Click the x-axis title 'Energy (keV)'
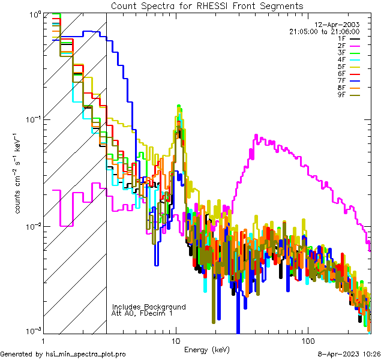click(207, 349)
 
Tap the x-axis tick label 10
click(176, 340)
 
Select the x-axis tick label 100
click(307, 340)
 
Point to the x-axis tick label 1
click(44, 340)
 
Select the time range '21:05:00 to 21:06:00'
click(324, 31)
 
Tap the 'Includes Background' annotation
click(149, 307)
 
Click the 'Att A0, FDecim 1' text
click(142, 314)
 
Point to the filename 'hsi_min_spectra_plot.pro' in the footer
click(86, 355)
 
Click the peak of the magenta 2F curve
click(257, 136)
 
